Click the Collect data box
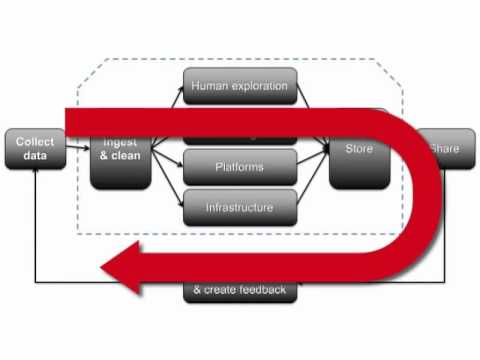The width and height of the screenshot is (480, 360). coord(35,150)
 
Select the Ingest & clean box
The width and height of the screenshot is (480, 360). coord(120,160)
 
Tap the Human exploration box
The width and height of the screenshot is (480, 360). coord(240,86)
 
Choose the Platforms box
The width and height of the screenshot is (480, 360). coord(240,165)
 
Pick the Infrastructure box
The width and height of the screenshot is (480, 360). coord(240,207)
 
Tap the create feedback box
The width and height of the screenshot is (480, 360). coord(240,291)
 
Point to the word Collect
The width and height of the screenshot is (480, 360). coord(35,142)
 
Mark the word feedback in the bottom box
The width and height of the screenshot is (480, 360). coord(261,290)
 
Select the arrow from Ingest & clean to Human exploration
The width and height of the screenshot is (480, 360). coord(167,105)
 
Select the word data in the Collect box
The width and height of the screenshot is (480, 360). coord(35,158)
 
